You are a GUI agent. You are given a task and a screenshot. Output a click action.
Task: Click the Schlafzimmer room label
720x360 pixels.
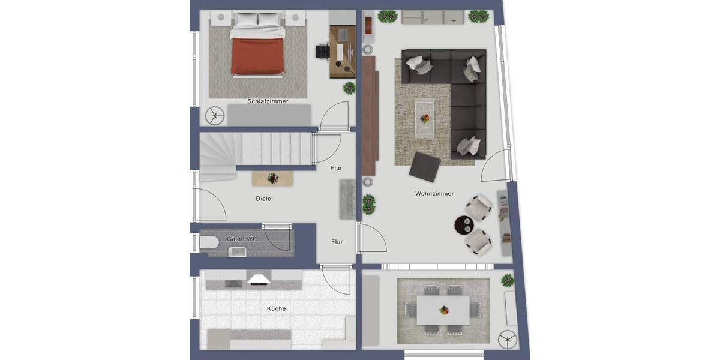click(268, 101)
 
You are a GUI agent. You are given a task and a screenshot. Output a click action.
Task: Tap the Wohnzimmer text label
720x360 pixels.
click(434, 194)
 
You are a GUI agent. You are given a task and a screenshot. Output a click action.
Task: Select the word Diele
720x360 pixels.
click(263, 199)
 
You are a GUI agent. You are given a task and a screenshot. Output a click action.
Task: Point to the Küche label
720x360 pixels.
click(276, 309)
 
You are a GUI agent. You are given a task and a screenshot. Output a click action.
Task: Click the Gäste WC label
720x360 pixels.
click(242, 239)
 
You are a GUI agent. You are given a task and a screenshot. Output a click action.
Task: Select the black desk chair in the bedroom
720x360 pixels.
click(322, 51)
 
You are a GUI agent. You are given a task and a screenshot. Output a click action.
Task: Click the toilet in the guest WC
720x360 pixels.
click(208, 243)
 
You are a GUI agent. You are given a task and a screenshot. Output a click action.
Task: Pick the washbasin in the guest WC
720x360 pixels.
click(238, 252)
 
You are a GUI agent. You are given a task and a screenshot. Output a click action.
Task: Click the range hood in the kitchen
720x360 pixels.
click(259, 278)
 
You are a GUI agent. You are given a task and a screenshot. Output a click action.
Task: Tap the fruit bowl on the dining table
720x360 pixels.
click(443, 310)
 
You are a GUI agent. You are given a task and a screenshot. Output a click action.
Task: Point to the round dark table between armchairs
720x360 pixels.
click(464, 225)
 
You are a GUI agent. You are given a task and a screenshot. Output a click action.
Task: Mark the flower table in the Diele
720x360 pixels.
click(273, 178)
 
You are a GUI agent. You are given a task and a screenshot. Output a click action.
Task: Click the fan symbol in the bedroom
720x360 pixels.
click(214, 116)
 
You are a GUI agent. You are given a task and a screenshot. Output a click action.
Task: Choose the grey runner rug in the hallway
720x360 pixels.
click(347, 199)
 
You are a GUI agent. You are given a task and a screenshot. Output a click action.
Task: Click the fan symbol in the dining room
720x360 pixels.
click(507, 339)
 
